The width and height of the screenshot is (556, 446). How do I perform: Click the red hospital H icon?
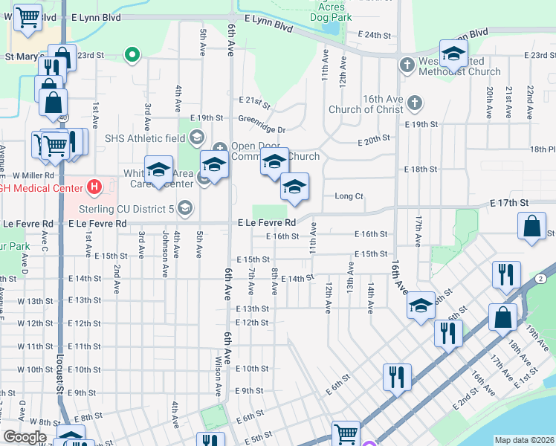93,187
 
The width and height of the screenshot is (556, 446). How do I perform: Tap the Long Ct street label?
349,196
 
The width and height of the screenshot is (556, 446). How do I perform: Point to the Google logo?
24,437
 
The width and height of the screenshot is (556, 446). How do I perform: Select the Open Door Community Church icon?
219,146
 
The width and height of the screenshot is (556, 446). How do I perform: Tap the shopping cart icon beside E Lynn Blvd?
28,16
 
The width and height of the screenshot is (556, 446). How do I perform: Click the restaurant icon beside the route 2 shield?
506,275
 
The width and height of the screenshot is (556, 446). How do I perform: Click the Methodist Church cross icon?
407,65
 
